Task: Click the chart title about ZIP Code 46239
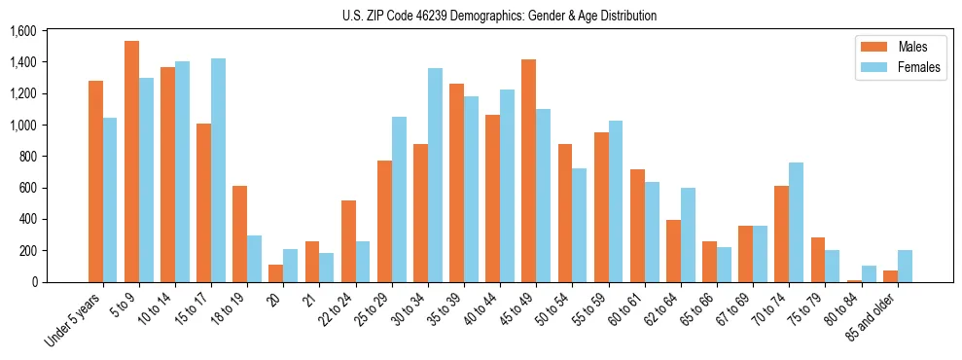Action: [499, 16]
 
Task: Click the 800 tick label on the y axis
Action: [26, 157]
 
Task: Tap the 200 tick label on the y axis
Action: [26, 250]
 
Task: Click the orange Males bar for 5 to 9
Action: [131, 162]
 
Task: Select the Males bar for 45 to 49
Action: [528, 171]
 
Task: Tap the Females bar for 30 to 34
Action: [435, 175]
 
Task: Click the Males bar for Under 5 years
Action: [95, 181]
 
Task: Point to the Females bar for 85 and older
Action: [905, 266]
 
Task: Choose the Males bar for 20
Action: [276, 273]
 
